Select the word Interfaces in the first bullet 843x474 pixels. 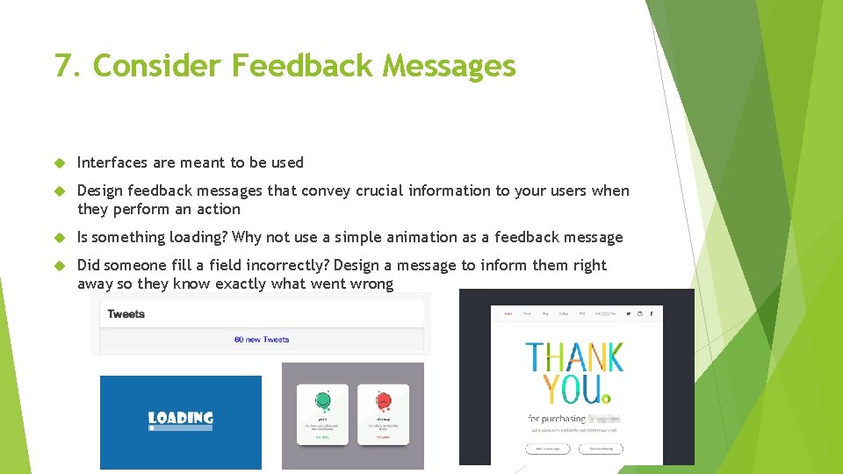(x=112, y=162)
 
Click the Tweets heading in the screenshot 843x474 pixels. (x=126, y=314)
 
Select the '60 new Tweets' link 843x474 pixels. (x=262, y=340)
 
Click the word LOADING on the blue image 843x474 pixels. (x=181, y=418)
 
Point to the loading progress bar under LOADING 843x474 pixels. (x=181, y=428)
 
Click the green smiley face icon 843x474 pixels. (x=323, y=401)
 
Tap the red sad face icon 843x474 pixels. (x=383, y=401)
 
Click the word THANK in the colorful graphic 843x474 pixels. (x=575, y=357)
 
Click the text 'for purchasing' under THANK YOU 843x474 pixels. (x=557, y=419)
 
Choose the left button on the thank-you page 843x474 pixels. (x=548, y=449)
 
